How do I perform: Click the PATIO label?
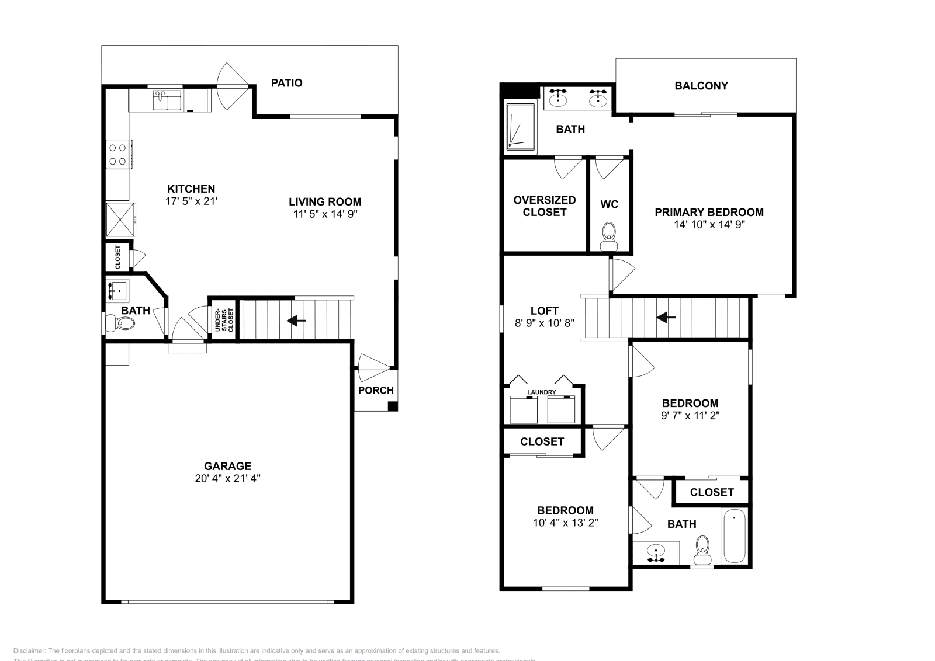coord(286,83)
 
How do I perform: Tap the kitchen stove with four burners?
coord(118,154)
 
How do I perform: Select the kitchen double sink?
coord(168,100)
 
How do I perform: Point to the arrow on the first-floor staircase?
coord(296,321)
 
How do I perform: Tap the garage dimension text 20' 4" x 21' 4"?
coord(227,478)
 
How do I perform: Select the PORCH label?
coord(376,390)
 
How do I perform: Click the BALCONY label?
coord(701,86)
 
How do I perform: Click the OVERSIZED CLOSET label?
coord(544,206)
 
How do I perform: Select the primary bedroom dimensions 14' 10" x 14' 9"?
coord(708,224)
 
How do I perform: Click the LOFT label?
coord(544,311)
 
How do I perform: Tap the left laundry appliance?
coord(523,409)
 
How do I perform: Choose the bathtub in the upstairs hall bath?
coord(734,535)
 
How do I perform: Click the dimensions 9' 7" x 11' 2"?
coord(690,416)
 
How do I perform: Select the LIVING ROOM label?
coord(325,202)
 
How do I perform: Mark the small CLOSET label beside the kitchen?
coord(117,256)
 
